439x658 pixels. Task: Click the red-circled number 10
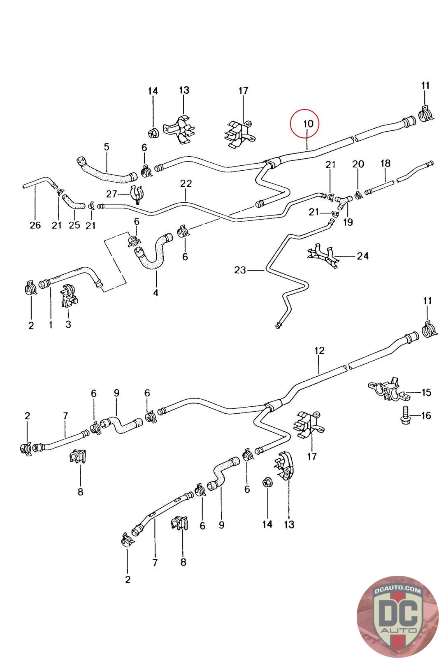(x=308, y=123)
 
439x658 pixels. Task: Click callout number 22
(x=186, y=183)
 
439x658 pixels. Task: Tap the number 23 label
(x=240, y=270)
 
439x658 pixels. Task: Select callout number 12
(x=319, y=350)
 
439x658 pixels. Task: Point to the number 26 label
(x=35, y=225)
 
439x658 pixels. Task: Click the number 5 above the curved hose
(x=107, y=146)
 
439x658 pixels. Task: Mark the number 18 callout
(x=385, y=163)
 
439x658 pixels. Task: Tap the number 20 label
(x=358, y=164)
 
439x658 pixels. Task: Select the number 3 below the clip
(x=68, y=324)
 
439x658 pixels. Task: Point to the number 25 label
(x=74, y=225)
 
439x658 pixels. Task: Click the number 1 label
(x=51, y=325)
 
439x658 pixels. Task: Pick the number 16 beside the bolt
(x=426, y=415)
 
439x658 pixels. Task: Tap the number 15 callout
(x=427, y=392)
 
